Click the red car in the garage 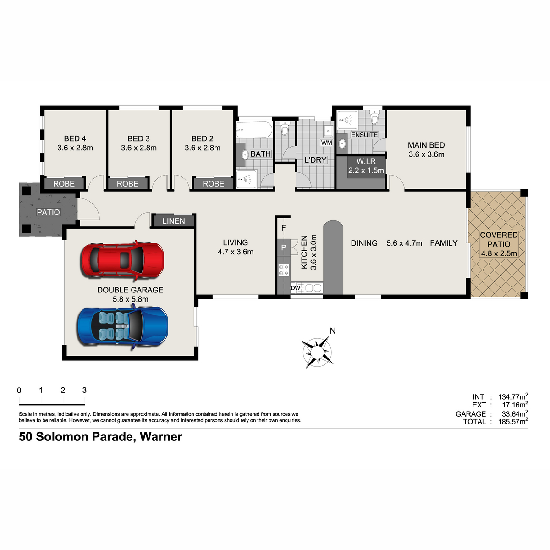coord(123,260)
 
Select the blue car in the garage coord(122,326)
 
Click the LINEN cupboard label coord(174,221)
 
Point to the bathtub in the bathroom coord(254,130)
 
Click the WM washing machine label coord(326,143)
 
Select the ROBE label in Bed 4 coord(64,183)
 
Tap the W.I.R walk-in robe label coord(366,161)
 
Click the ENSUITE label coord(364,135)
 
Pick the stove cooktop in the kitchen coord(283,269)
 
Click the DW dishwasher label coord(296,288)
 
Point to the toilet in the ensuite coord(374,117)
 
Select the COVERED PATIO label coord(499,239)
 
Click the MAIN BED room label coord(426,145)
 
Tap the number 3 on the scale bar coord(84,390)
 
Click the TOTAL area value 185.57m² coord(513,421)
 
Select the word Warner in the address coord(161,437)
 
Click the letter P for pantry coord(283,247)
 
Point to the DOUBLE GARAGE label coord(130,290)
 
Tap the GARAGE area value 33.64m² coord(515,413)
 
